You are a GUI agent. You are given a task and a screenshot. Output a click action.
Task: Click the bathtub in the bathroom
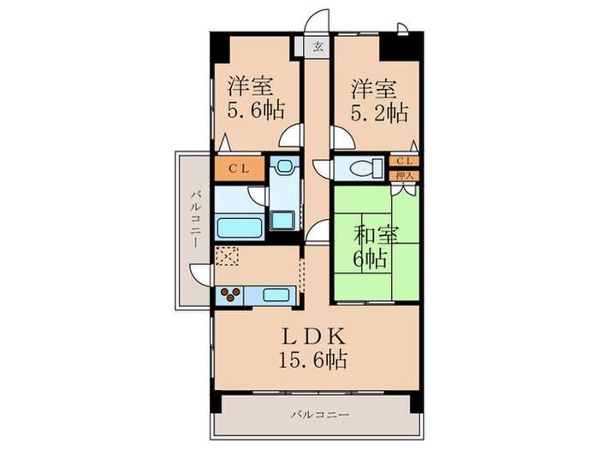(x=240, y=227)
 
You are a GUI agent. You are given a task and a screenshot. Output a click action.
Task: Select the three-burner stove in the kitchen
(x=229, y=295)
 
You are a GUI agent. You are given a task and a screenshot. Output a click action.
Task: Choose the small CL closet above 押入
(x=404, y=161)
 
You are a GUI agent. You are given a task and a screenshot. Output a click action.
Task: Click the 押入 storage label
(x=404, y=175)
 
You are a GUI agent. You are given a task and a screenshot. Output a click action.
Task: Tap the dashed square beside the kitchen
(x=228, y=256)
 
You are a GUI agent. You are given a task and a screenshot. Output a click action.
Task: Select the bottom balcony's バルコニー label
(x=319, y=415)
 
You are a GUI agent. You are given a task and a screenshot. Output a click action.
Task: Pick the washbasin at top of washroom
(x=282, y=167)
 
